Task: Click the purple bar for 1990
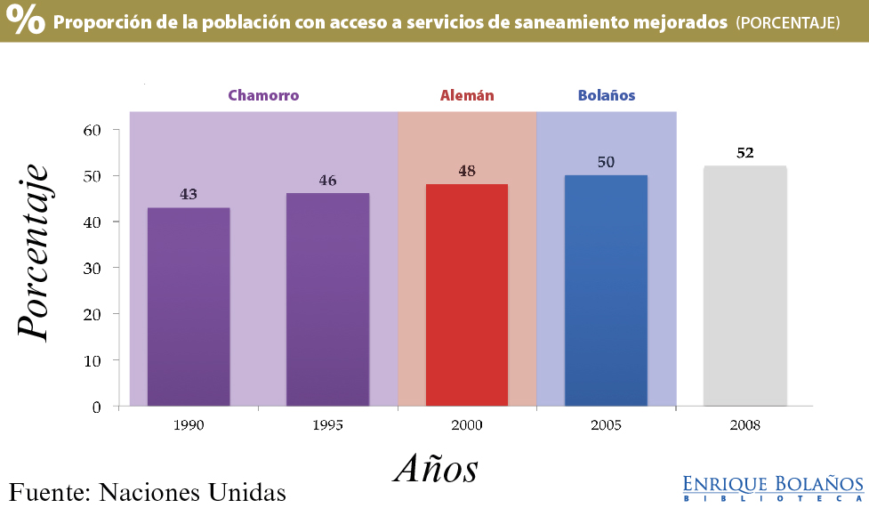coord(189,307)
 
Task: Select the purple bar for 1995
coord(327,300)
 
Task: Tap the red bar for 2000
coord(467,295)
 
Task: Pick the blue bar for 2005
coord(606,291)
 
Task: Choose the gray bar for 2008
coord(745,286)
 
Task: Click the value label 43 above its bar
coord(189,193)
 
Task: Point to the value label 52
coord(745,152)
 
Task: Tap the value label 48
coord(467,170)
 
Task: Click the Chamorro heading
coord(263,95)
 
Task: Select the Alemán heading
coord(467,95)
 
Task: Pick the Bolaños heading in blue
coord(607,95)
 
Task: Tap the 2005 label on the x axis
coord(606,425)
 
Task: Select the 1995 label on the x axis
coord(327,425)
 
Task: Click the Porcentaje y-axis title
coord(34,251)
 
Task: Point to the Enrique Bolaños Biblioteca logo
coord(773,488)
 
